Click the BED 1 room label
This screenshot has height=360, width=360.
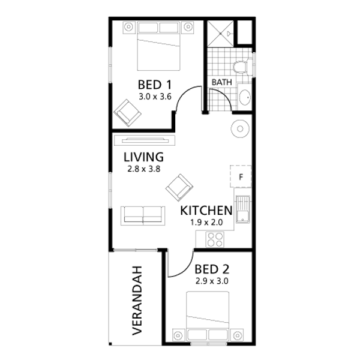[155, 85]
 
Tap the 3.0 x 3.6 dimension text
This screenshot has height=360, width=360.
[155, 97]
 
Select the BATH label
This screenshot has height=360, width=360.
[221, 82]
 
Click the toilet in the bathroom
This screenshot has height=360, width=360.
[241, 67]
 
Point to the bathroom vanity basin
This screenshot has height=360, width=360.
[245, 97]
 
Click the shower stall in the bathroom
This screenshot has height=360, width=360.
[220, 34]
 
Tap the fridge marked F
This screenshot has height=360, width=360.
[241, 176]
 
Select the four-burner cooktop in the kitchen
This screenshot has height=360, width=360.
[215, 239]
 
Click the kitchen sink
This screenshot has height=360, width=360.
[243, 209]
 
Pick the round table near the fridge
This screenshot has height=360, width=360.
[240, 129]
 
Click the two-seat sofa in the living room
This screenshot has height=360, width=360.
[143, 216]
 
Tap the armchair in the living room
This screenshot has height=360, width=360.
[179, 188]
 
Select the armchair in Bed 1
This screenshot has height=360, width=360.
[127, 113]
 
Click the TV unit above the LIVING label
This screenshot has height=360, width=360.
[145, 140]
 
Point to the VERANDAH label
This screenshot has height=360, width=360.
[137, 301]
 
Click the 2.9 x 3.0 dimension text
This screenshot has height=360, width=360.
[212, 281]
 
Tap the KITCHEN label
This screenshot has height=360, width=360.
[206, 211]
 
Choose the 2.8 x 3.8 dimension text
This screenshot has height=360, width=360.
[144, 169]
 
